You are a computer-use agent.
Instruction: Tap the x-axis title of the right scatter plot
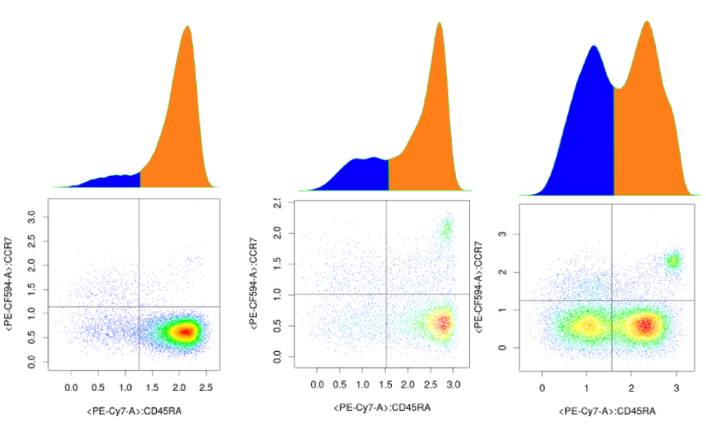pos(607,412)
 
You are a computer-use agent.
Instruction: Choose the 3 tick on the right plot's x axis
pos(676,389)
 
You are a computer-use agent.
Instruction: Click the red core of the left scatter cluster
pos(185,331)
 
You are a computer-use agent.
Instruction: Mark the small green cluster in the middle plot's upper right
pos(447,229)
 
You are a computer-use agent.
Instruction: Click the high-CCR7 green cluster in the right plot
pos(673,262)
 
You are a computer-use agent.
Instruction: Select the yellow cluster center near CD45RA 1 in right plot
pos(588,325)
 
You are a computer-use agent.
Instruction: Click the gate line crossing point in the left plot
pos(139,307)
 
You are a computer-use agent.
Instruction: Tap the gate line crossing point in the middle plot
pos(386,294)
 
